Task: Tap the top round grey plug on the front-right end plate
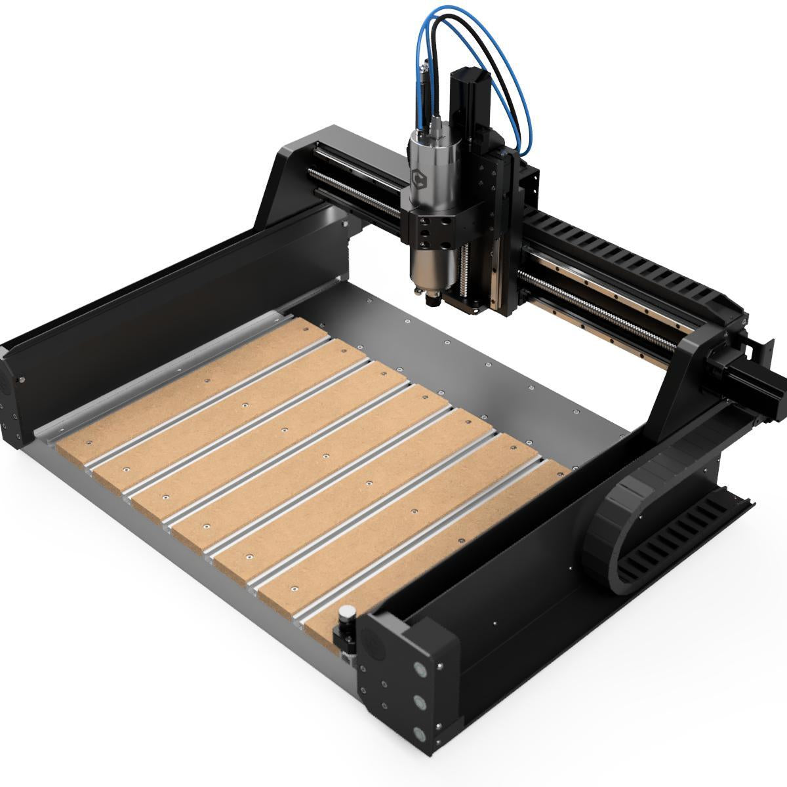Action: [x=419, y=669]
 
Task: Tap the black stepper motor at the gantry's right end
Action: [x=754, y=380]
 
